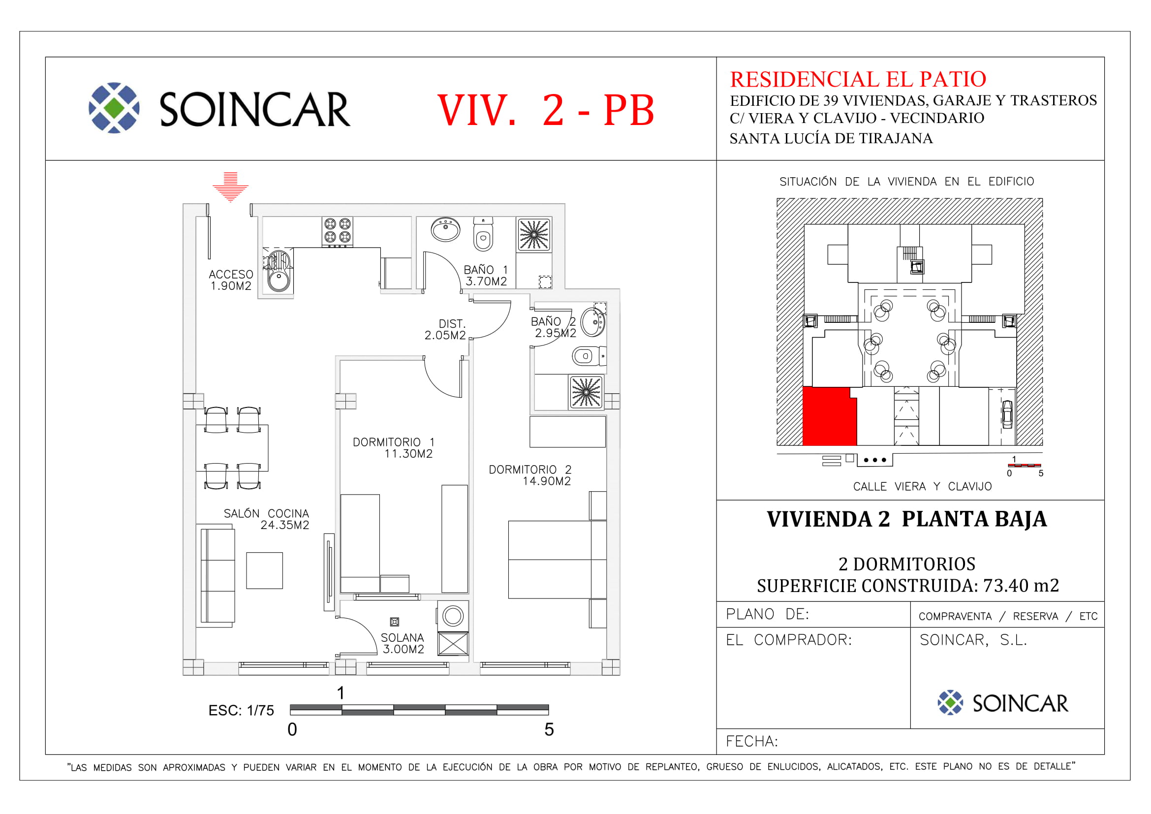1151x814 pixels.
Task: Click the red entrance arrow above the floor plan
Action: [x=230, y=187]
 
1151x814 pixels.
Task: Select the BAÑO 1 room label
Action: [x=486, y=270]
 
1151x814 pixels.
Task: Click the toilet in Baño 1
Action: [x=483, y=235]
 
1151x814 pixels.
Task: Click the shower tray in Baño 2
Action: [x=586, y=392]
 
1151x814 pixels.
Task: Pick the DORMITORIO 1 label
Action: [x=394, y=442]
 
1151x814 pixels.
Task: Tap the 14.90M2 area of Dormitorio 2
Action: [x=546, y=481]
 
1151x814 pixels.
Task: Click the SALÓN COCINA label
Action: [x=266, y=513]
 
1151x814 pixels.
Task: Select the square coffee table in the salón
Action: [x=264, y=570]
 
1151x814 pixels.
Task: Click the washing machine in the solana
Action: [x=453, y=616]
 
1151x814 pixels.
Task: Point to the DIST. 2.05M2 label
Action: [x=445, y=329]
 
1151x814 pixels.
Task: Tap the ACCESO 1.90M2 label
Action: [x=231, y=280]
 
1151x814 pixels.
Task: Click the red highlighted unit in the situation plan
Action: [x=829, y=416]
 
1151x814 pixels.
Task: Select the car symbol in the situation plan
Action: [x=1007, y=414]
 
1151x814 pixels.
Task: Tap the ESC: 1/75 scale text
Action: [x=241, y=710]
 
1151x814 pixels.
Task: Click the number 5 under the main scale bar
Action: [x=549, y=729]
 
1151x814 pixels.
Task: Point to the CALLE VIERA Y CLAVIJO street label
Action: [x=922, y=486]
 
